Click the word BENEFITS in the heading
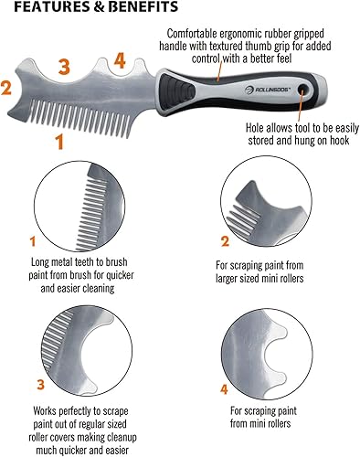pos(143,6)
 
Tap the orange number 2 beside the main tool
pos(6,88)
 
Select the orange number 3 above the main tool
pos(64,67)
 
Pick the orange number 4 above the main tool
pos(120,61)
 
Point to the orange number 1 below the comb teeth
pos(59,143)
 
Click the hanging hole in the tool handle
pos(302,89)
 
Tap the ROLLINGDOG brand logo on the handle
pos(268,90)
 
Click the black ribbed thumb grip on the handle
pos(177,91)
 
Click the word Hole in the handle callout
pos(255,128)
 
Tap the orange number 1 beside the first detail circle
pos(33,241)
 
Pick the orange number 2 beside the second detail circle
pos(225,241)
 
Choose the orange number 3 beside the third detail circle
pos(41,385)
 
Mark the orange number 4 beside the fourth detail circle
pos(224,389)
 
